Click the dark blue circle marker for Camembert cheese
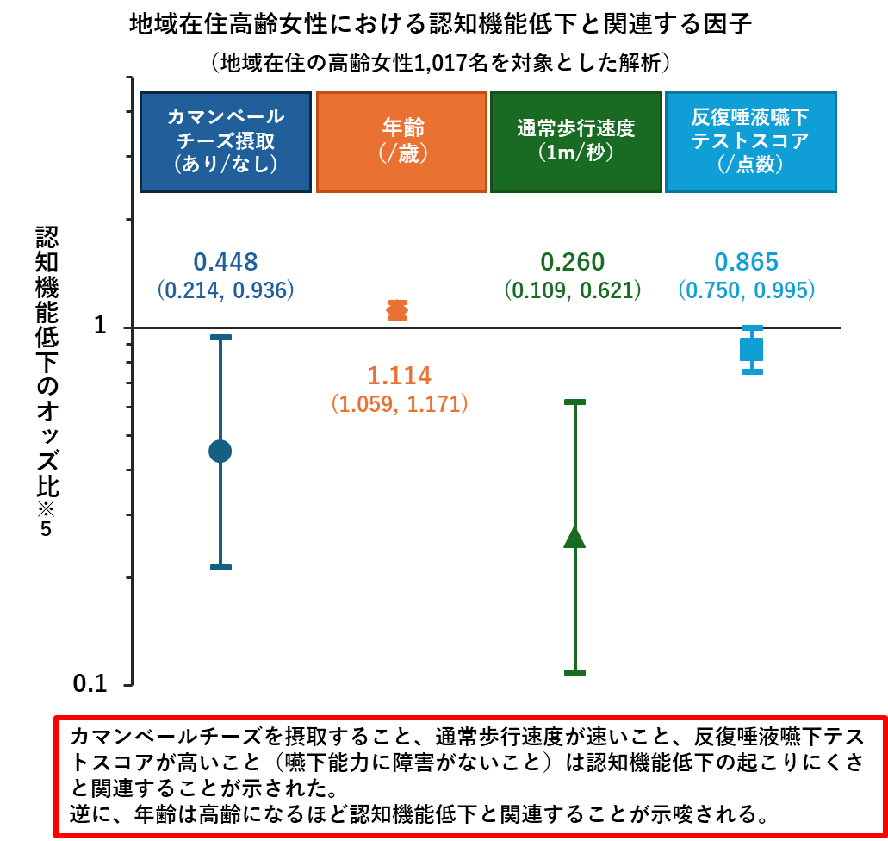click(220, 452)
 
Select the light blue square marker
click(752, 349)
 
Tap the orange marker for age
click(398, 310)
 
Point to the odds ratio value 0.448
click(226, 262)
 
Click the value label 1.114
click(400, 376)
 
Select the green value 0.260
click(573, 262)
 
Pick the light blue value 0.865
click(747, 262)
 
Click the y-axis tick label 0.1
click(90, 684)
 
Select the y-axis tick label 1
click(100, 326)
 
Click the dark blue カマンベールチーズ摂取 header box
click(226, 141)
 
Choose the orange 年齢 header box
click(401, 141)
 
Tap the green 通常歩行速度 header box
click(576, 141)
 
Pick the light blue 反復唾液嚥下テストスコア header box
click(751, 141)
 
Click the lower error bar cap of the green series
click(574, 672)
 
